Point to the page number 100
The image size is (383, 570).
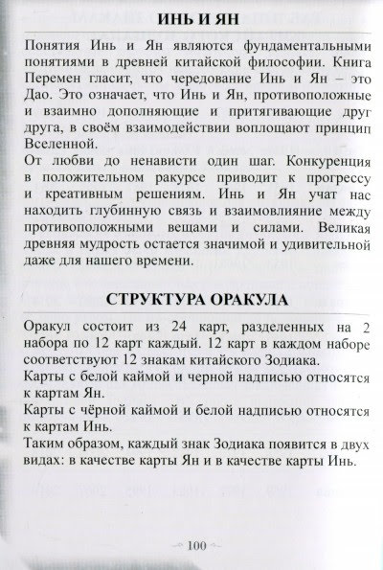(191, 546)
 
